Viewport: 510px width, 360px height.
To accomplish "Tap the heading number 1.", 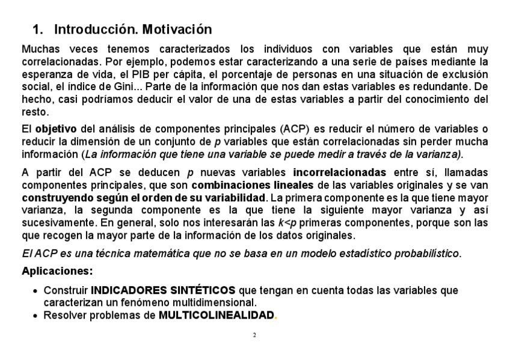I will coord(37,29).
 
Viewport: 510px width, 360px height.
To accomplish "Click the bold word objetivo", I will coord(56,129).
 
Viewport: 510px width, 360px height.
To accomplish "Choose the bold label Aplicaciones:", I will coord(57,271).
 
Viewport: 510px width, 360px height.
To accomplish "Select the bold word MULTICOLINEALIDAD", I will coord(217,315).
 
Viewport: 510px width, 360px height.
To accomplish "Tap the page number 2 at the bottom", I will coord(254,334).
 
